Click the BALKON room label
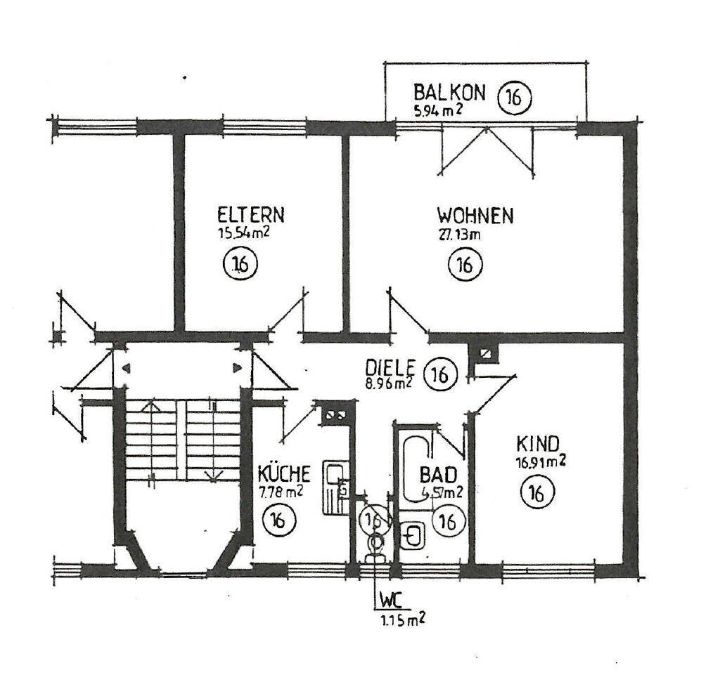click(x=449, y=92)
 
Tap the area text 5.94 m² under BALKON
click(x=437, y=110)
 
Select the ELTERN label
click(x=251, y=214)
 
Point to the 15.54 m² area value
click(x=245, y=232)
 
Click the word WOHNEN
click(x=475, y=214)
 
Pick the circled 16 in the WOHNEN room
click(x=465, y=265)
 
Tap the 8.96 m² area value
click(x=388, y=383)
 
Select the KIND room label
click(x=537, y=444)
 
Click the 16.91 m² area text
click(x=540, y=461)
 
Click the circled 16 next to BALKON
click(x=515, y=98)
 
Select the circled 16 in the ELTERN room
click(x=240, y=265)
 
